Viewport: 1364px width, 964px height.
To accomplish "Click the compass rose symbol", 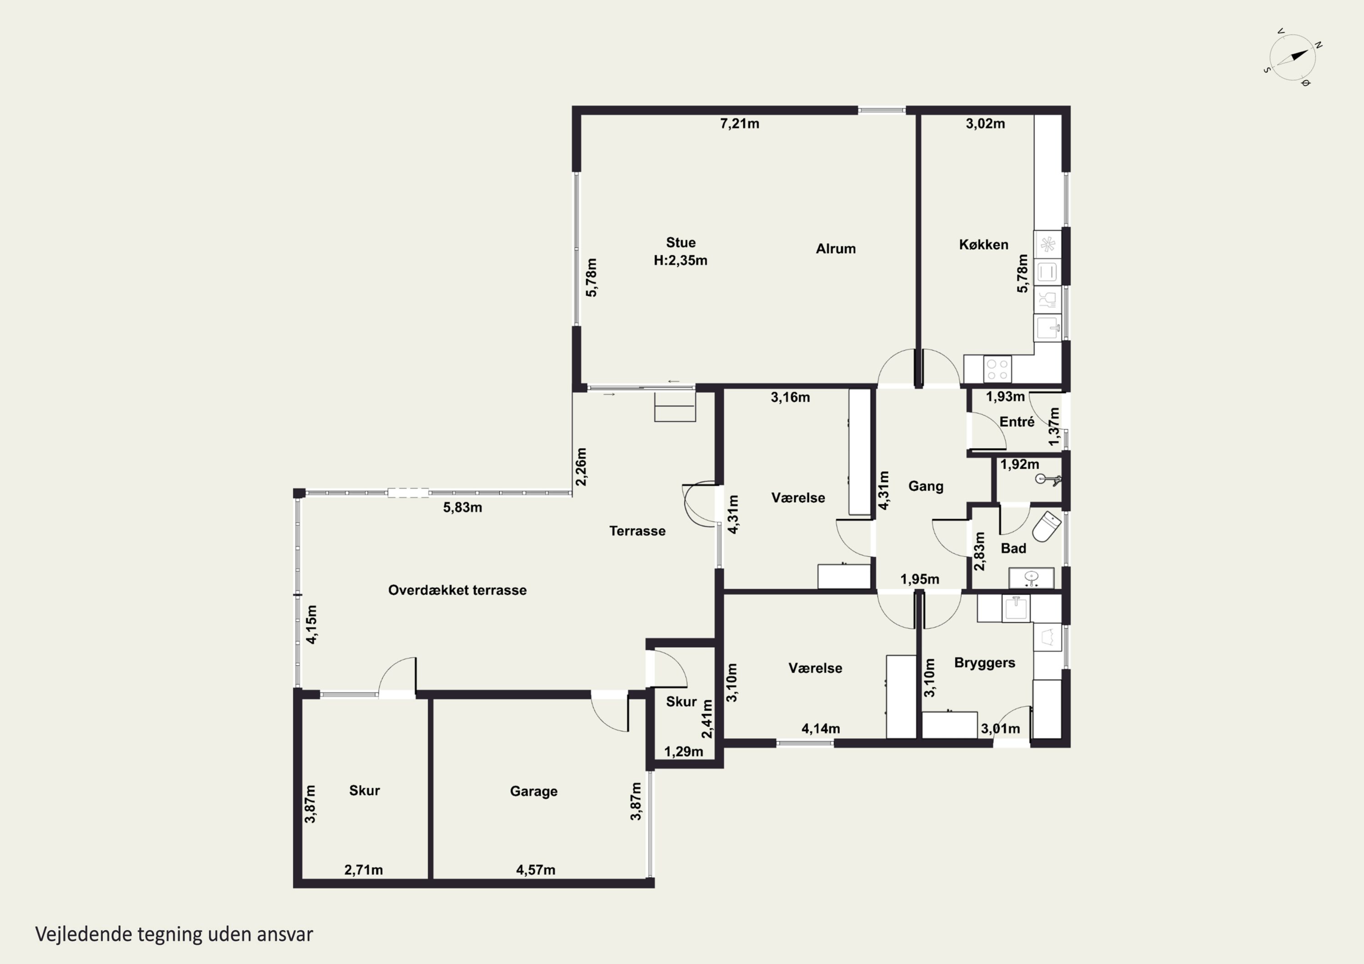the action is tap(1293, 58).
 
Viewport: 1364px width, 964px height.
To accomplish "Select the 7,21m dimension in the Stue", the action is tap(740, 124).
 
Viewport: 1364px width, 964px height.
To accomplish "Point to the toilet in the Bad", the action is tap(1047, 526).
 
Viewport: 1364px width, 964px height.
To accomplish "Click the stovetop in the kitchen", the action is tap(997, 369).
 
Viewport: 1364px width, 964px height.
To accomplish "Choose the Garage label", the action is tap(533, 791).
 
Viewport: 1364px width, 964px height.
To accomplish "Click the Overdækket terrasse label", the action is tap(457, 590).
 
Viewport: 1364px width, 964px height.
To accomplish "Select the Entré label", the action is tap(1017, 422).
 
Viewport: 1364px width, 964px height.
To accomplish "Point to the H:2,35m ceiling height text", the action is tap(680, 260).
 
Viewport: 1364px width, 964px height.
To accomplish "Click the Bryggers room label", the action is tap(984, 663).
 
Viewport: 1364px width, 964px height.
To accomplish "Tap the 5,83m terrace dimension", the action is tap(462, 507).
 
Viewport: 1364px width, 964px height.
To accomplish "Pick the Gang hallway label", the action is tap(926, 486).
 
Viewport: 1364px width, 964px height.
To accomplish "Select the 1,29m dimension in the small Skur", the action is tap(683, 752).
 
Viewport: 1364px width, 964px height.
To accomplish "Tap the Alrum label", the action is tap(835, 249).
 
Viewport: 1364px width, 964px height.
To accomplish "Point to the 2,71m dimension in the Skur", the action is tap(364, 870).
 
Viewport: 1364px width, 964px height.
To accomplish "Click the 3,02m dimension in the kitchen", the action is tap(985, 124).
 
